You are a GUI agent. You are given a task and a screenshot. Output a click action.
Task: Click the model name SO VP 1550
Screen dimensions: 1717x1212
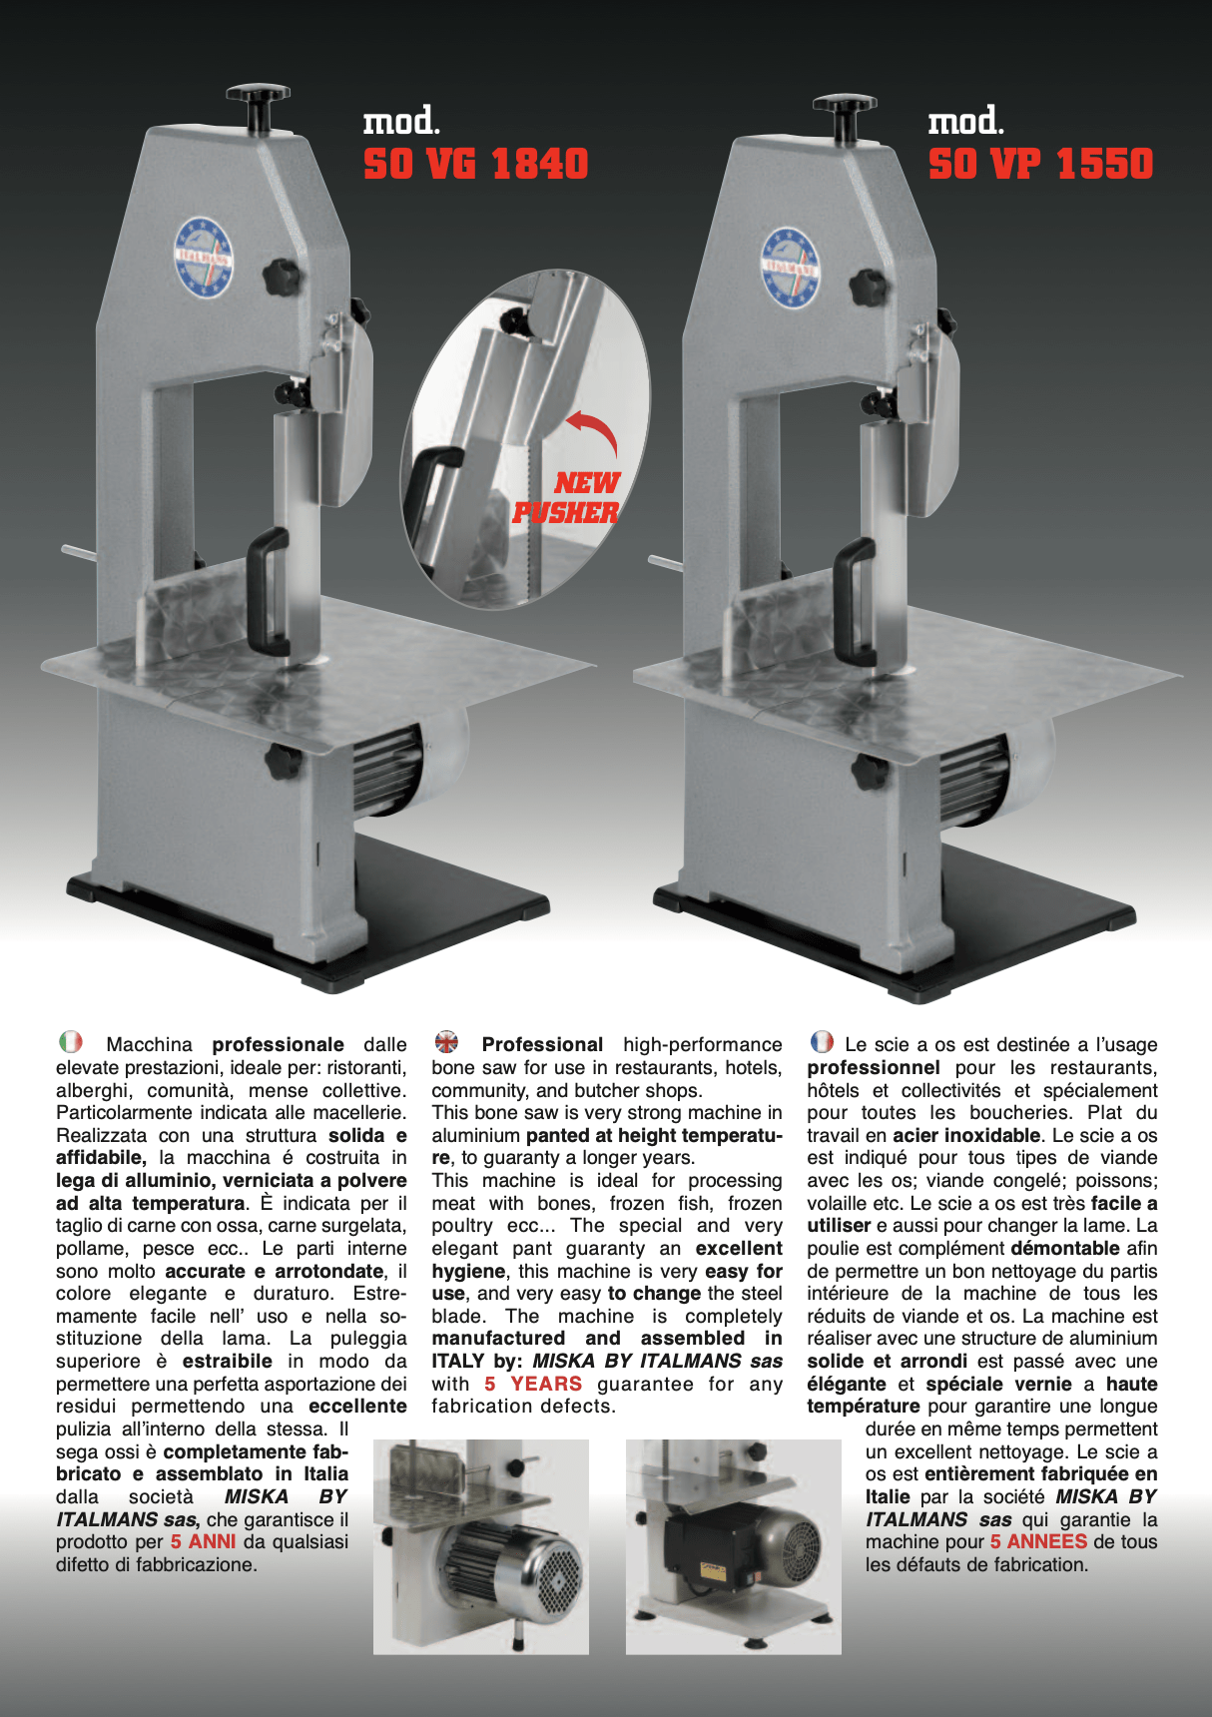click(x=1040, y=164)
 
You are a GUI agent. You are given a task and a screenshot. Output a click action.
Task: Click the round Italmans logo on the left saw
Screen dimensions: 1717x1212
click(x=204, y=258)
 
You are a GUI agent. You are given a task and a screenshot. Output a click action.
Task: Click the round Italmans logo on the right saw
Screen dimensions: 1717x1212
click(x=790, y=267)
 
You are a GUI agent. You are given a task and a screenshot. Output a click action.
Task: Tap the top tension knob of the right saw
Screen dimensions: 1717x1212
click(x=845, y=111)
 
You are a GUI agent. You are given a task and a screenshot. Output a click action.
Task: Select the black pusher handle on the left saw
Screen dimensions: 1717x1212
click(x=266, y=590)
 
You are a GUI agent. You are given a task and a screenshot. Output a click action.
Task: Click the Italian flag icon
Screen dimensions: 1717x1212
click(x=71, y=1042)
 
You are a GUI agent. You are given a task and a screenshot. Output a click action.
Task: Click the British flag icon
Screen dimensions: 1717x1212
click(x=446, y=1042)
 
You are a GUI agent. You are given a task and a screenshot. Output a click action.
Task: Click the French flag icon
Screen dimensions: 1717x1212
click(x=822, y=1042)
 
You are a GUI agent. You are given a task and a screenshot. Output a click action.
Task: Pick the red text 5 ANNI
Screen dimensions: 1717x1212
click(x=203, y=1541)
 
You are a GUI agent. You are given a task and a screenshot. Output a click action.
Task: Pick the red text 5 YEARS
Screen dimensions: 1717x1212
click(x=533, y=1384)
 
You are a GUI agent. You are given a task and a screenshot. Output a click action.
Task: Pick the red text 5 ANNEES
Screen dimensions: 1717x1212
click(x=1038, y=1541)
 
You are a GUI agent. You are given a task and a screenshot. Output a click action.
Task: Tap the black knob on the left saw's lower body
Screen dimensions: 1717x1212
click(x=283, y=763)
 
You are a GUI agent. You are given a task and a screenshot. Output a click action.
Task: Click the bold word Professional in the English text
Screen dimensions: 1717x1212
click(x=542, y=1044)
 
